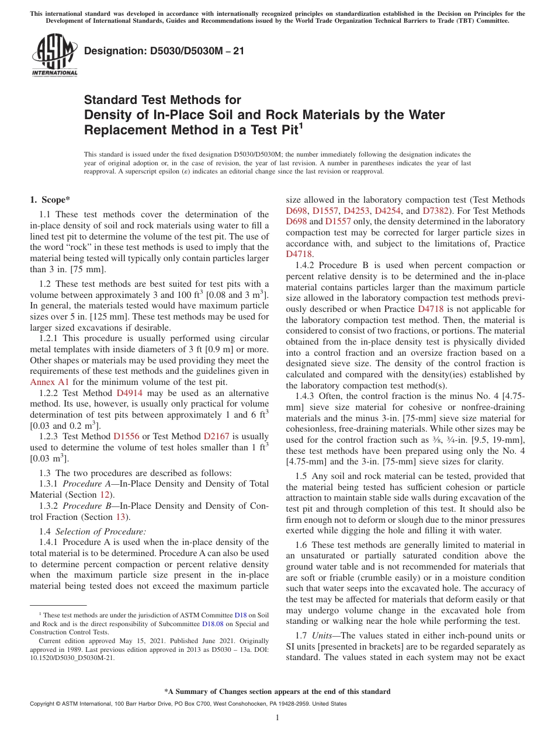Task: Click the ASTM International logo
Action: pyautogui.click(x=54, y=55)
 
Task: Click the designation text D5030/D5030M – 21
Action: pyautogui.click(x=164, y=51)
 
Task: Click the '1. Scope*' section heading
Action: pyautogui.click(x=50, y=200)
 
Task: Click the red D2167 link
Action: pyautogui.click(x=216, y=436)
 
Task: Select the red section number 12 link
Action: pyautogui.click(x=106, y=494)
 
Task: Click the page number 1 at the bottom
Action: pyautogui.click(x=277, y=718)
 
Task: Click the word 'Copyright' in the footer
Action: pyautogui.click(x=43, y=704)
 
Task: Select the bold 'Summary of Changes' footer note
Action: pyautogui.click(x=277, y=691)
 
